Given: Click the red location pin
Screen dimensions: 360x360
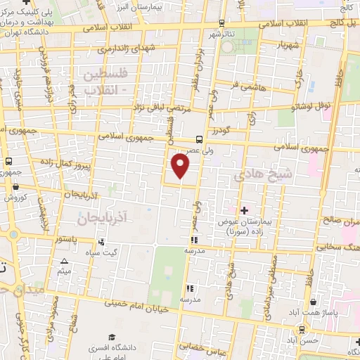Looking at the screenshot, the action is point(181,166).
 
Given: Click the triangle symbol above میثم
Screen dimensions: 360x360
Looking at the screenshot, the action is point(65,261).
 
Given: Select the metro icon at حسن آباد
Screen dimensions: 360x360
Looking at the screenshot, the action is point(302,328).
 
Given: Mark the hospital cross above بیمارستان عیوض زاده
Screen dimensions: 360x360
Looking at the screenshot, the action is point(245,210).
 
